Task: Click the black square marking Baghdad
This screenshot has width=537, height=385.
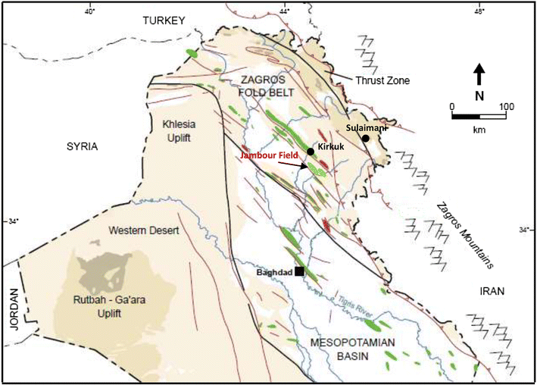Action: pos(300,271)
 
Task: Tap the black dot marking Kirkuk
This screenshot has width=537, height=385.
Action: pos(311,152)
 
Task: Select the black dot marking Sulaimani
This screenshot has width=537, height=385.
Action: pos(365,139)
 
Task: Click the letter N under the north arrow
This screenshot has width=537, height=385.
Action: pos(479,95)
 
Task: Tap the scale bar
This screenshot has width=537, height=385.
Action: pos(479,116)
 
